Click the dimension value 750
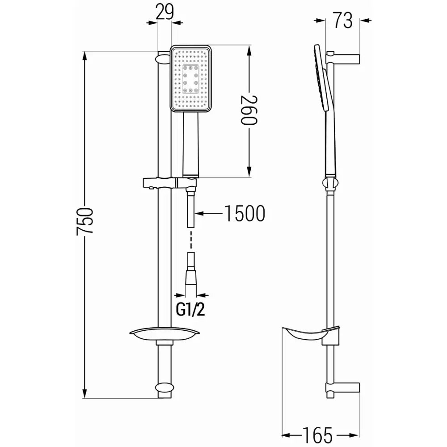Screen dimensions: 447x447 tap(85, 221)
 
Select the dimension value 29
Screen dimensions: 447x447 tap(164, 12)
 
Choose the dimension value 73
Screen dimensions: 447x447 tap(342, 20)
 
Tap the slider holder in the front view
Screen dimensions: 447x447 tap(170, 183)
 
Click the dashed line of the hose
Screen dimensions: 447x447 tap(191, 242)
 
